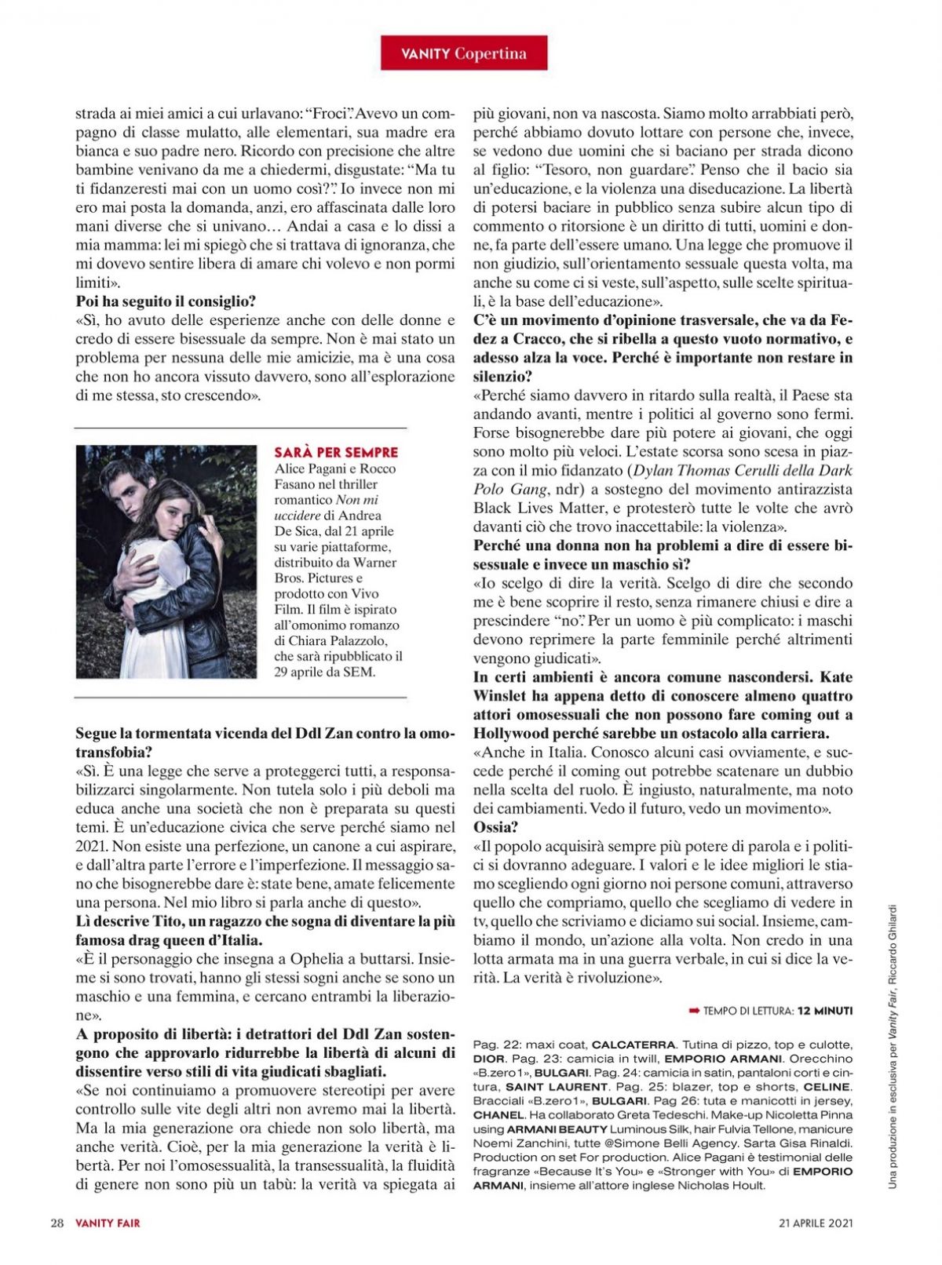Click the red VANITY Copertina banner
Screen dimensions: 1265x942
pos(464,53)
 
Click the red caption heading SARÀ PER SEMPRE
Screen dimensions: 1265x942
pos(336,453)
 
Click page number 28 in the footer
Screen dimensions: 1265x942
pos(57,1222)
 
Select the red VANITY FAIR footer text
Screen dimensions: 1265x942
pos(108,1222)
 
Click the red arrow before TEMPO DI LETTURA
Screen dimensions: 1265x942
pos(694,1012)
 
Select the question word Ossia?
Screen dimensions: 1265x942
pos(496,827)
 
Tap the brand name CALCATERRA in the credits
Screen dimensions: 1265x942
pos(633,1044)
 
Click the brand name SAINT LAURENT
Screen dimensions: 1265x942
pos(557,1087)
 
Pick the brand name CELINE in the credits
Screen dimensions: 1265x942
pos(827,1087)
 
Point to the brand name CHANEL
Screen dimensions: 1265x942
pos(498,1115)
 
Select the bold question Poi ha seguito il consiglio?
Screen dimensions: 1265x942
pos(166,301)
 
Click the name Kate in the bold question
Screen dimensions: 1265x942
pos(835,676)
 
